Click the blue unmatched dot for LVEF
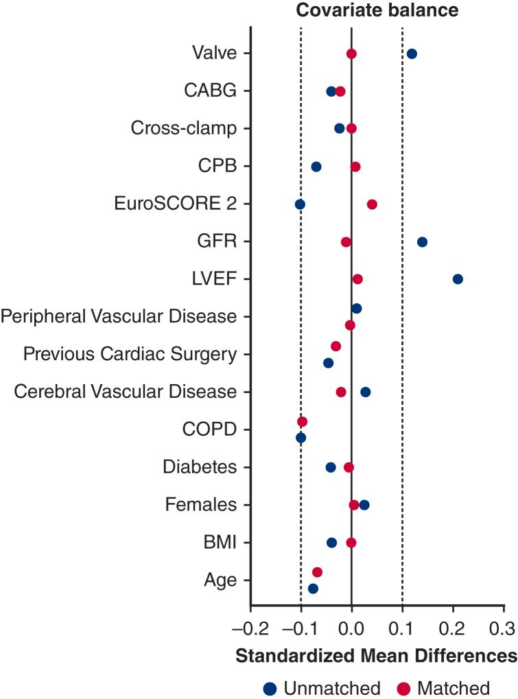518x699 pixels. point(458,279)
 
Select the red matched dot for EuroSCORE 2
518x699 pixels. point(372,204)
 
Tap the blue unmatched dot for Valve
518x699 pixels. point(412,54)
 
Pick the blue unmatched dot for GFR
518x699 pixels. point(422,241)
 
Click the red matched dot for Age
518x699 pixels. point(317,572)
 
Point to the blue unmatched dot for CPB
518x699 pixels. point(316,166)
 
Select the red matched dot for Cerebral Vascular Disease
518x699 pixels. point(341,392)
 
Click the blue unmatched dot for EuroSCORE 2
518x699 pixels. point(300,204)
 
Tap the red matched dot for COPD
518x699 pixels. point(303,421)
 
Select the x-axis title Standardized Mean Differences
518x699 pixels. point(376,655)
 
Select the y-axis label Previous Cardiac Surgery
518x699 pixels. point(130,354)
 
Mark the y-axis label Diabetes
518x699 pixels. point(200,467)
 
